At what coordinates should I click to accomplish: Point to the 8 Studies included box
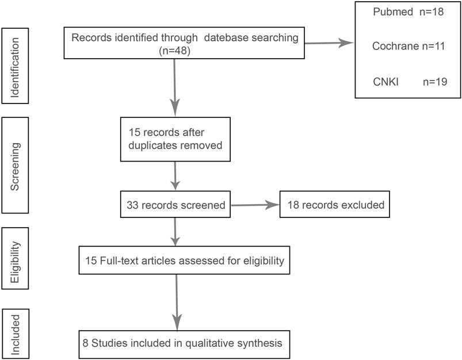click(182, 343)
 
